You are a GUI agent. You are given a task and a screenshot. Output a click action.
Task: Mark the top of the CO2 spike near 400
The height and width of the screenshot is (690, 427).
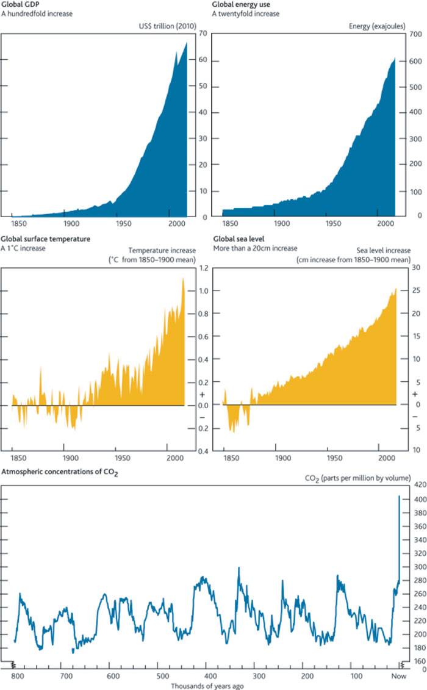coord(399,495)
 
